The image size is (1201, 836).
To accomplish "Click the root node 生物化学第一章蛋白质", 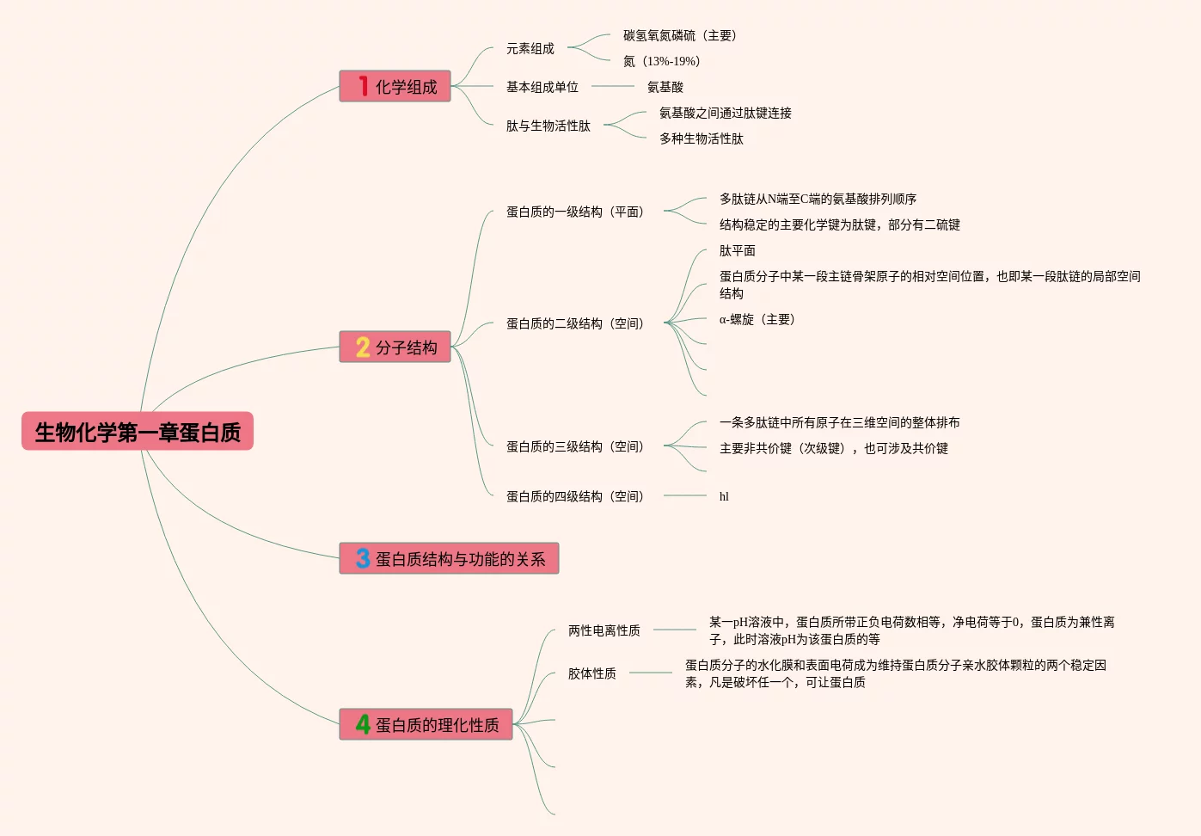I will (x=138, y=432).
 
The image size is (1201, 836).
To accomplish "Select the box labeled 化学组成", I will (x=395, y=87).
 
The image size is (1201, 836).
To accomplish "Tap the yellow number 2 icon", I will (x=363, y=347).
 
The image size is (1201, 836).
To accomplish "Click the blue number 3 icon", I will (x=363, y=559).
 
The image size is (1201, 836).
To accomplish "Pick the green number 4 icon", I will (x=363, y=725).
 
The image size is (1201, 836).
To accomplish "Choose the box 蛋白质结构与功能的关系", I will (x=450, y=559).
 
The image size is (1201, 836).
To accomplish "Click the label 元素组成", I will (x=530, y=49).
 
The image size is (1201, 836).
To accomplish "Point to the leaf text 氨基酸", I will (x=665, y=87).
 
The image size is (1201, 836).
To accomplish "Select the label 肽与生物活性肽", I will (x=548, y=126).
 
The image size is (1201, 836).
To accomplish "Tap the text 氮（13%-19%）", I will (x=662, y=61).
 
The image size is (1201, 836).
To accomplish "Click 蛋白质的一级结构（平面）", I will (x=575, y=212).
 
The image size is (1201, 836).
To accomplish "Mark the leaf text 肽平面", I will (x=738, y=251).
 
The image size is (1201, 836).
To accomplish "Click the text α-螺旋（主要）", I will (x=757, y=320).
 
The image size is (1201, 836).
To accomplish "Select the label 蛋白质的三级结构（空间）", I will (x=575, y=447).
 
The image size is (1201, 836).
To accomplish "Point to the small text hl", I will (x=724, y=496).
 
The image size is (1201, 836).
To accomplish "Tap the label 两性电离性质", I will (x=604, y=630).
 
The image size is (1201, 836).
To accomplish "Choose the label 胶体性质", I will (x=592, y=673).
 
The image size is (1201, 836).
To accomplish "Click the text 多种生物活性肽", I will (x=702, y=138).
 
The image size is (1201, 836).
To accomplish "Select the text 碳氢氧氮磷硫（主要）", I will (x=680, y=35).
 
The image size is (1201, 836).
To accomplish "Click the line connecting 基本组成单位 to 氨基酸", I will (x=613, y=86).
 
